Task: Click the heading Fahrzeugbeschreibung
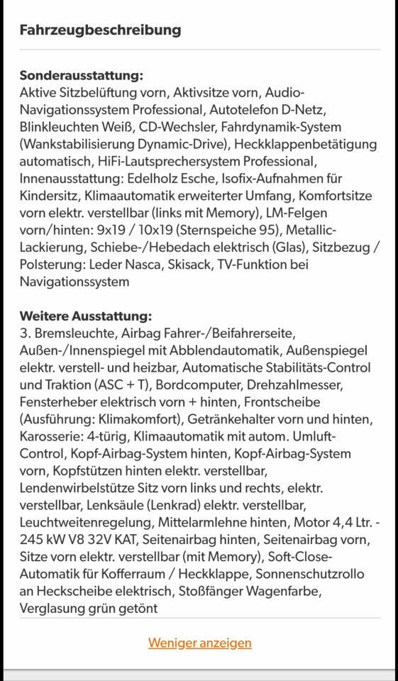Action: (x=100, y=30)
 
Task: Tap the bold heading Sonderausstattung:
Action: (x=82, y=75)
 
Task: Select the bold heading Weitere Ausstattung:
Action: (x=86, y=316)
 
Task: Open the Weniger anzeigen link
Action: (x=199, y=643)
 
